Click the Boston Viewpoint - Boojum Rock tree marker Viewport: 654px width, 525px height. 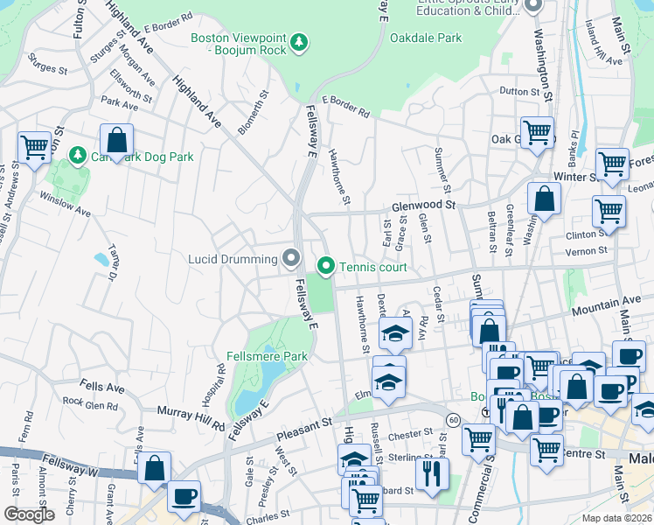(299, 41)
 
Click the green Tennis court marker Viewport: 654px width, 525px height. (327, 264)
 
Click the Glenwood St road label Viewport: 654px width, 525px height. (424, 205)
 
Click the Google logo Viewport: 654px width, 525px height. (29, 514)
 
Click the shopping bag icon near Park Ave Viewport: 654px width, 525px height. (116, 139)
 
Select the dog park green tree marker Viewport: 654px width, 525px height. (78, 155)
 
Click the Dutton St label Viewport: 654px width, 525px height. (519, 91)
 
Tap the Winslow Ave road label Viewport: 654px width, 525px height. (70, 211)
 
